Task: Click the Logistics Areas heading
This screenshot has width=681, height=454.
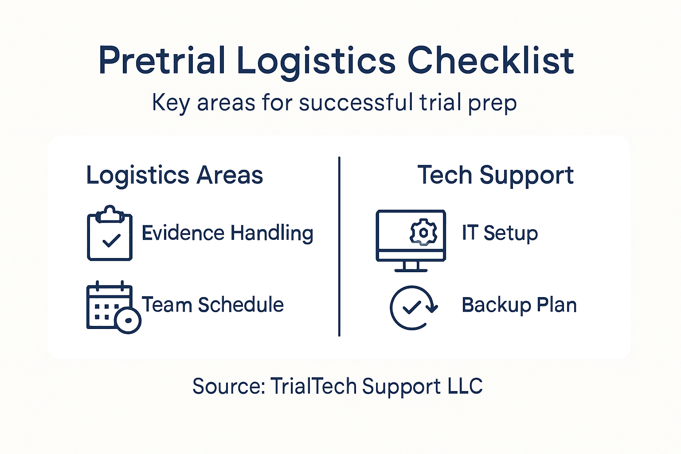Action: click(x=174, y=175)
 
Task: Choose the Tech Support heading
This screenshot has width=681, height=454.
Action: click(x=495, y=175)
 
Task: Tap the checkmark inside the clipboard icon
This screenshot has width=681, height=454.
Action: click(x=111, y=241)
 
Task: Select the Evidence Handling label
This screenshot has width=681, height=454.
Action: click(x=227, y=233)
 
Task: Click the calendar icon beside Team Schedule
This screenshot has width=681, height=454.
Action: click(x=109, y=306)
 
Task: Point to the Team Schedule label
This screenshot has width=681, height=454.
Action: click(x=212, y=305)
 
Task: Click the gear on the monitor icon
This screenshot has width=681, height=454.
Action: click(x=423, y=232)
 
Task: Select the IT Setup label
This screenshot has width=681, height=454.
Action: click(x=500, y=233)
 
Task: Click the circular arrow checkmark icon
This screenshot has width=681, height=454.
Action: click(x=413, y=307)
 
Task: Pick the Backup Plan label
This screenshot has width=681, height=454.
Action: click(x=519, y=305)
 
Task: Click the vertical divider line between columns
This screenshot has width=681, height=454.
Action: click(x=339, y=246)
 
